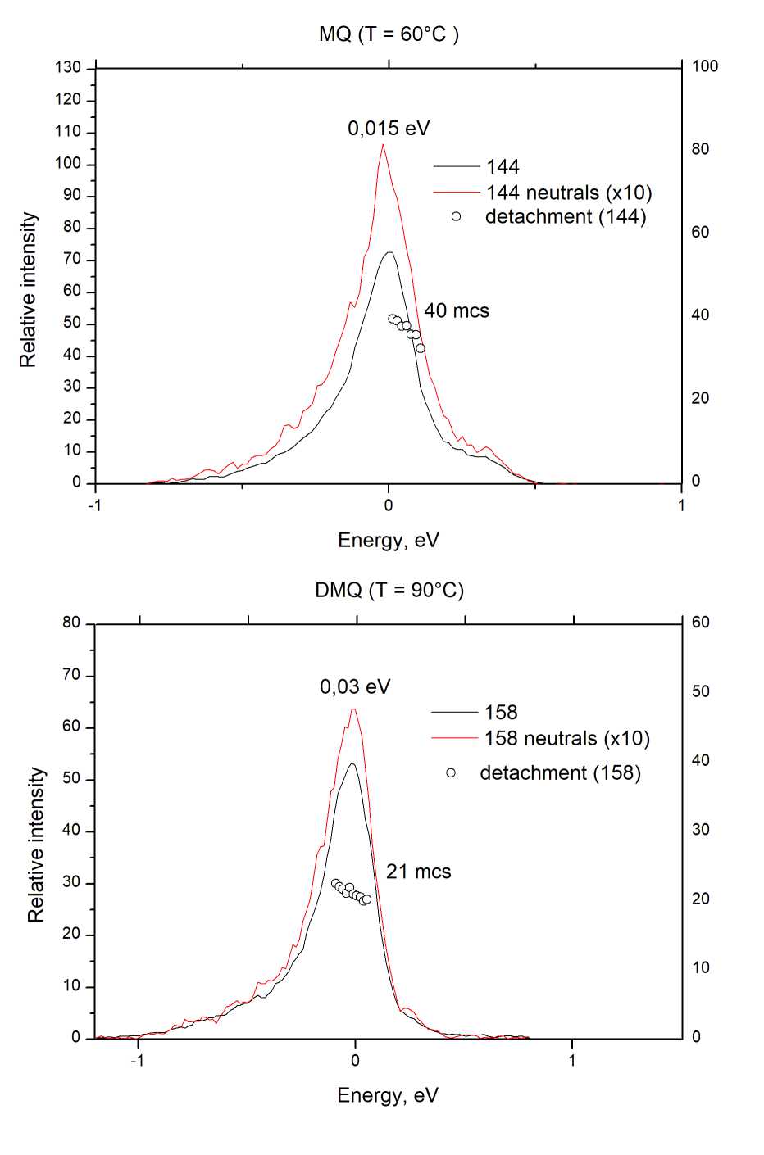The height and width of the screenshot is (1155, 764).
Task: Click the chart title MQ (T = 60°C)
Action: point(389,34)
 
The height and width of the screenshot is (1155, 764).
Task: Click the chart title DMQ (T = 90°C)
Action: point(389,591)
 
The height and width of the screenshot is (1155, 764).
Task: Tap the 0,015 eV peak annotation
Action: point(389,129)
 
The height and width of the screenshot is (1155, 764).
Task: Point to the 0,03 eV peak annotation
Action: point(355,687)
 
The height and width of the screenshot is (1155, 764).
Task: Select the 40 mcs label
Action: point(457,311)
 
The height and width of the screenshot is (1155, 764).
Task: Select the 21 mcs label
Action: point(418,872)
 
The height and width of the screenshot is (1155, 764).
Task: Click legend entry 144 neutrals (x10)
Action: point(569,193)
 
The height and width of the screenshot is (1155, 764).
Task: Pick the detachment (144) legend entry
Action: point(566,217)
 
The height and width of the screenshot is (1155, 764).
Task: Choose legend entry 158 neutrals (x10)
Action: point(566,739)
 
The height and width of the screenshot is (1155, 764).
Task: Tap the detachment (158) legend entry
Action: point(560,773)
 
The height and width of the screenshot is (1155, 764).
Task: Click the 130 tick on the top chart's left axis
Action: point(70,68)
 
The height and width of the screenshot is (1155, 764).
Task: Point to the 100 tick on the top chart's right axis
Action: point(705,66)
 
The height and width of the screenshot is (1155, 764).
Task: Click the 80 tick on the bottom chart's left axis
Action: point(72,623)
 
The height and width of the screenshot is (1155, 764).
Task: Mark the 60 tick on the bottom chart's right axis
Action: point(701,623)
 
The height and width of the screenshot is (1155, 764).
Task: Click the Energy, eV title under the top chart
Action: point(389,541)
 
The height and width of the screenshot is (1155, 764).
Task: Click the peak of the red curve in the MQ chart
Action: point(382,145)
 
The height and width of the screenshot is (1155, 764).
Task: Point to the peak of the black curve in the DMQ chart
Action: point(352,763)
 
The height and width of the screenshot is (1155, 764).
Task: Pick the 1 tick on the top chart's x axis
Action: point(681,505)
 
